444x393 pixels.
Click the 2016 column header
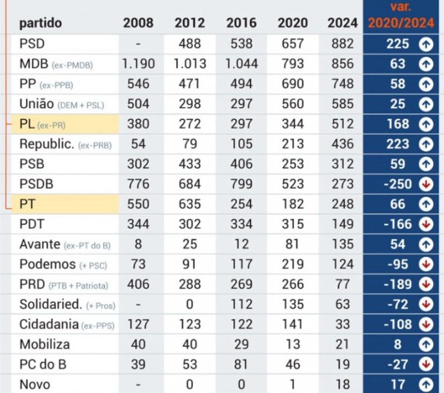(241, 23)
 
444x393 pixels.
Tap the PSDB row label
(36, 184)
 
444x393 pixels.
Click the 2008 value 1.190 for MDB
(138, 64)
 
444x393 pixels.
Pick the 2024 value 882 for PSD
(342, 43)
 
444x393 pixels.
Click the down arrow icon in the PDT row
(426, 224)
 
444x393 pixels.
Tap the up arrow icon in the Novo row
(426, 385)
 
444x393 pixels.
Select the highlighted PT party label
(28, 204)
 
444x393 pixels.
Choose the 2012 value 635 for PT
(189, 204)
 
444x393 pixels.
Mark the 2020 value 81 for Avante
(292, 244)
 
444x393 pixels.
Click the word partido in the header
(41, 23)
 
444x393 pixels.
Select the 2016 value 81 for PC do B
(241, 365)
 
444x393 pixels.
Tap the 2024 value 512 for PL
(342, 124)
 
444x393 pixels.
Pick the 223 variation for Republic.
(397, 144)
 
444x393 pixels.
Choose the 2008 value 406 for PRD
(138, 284)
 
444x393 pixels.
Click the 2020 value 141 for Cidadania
(292, 324)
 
